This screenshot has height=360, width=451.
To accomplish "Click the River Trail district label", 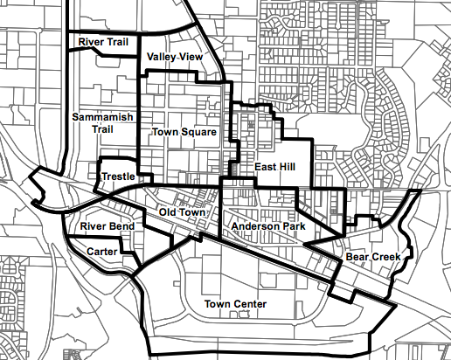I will point(103,41).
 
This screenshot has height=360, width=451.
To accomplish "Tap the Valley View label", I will point(175,57).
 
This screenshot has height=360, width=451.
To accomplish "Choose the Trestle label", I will point(118,177).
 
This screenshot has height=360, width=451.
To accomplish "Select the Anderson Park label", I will point(267,226).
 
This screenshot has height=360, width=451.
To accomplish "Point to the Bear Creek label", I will point(373,258).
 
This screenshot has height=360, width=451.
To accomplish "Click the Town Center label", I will point(235,304).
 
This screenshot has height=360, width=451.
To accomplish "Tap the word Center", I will point(250,304).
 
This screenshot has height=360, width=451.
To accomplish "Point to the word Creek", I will point(385,258).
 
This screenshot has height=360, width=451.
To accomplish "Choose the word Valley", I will point(162,57).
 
